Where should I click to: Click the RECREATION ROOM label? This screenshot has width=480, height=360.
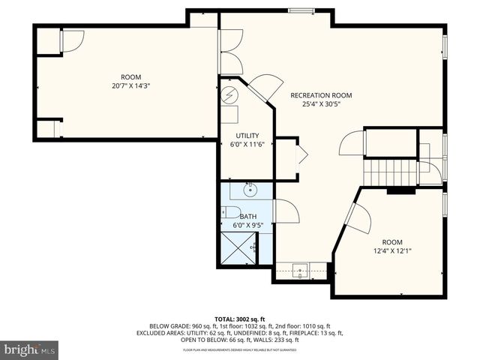(321, 96)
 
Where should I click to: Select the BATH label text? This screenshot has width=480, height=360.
(247, 217)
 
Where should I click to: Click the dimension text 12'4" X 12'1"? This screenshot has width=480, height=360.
(391, 251)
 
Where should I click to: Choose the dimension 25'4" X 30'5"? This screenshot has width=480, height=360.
(321, 105)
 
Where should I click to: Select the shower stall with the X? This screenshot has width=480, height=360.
(239, 246)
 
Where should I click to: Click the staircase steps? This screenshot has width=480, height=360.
(390, 172)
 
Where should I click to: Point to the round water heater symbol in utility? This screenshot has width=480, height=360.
(230, 94)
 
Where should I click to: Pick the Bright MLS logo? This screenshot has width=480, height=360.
(30, 349)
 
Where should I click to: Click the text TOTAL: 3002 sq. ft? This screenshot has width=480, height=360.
(239, 319)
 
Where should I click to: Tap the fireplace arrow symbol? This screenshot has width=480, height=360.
(301, 155)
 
